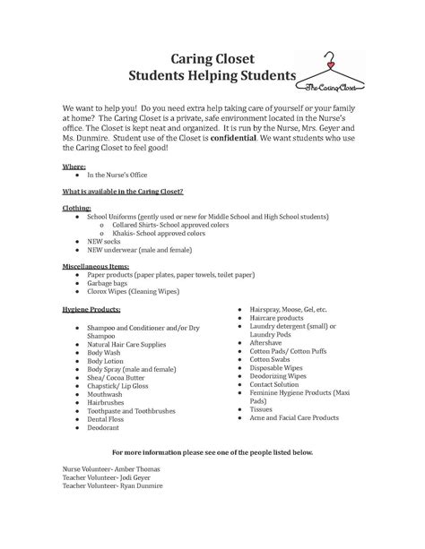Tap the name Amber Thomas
pyautogui.click(x=108, y=468)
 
